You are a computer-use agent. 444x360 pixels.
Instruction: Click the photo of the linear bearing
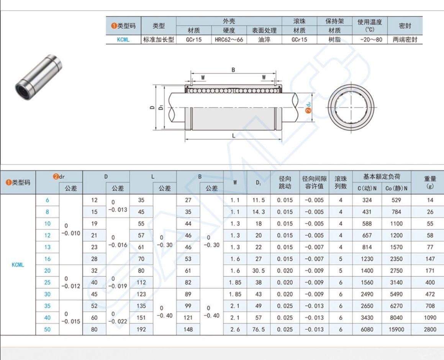[x=38, y=77]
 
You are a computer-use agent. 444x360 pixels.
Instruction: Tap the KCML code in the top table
[x=123, y=40]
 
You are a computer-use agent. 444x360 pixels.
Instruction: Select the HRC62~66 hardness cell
[x=229, y=40]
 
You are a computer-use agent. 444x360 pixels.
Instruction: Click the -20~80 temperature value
[x=371, y=40]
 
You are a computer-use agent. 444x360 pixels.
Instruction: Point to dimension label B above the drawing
[x=233, y=70]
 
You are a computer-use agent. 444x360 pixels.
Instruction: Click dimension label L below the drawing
[x=234, y=136]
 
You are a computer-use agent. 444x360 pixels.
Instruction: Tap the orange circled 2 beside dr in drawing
[x=308, y=110]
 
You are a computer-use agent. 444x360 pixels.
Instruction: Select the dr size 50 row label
[x=47, y=329]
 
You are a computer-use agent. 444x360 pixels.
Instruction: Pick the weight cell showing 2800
[x=430, y=329]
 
